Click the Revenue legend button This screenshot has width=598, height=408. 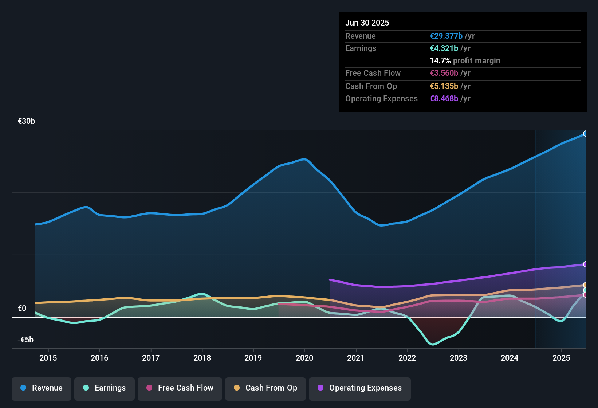[42, 388]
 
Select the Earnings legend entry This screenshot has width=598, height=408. [105, 388]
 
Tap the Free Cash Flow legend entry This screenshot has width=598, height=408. [180, 388]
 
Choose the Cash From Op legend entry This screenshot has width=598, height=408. [265, 388]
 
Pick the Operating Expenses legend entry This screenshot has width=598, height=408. [360, 388]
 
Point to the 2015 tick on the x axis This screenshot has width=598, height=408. [48, 358]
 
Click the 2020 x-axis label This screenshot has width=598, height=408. [304, 358]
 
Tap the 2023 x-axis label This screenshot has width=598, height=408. [459, 358]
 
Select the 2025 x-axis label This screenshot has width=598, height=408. [561, 358]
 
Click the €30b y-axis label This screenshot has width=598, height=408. [26, 121]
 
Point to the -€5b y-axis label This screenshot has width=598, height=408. [25, 340]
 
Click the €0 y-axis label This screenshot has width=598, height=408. [22, 309]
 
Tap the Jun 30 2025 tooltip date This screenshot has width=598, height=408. [367, 23]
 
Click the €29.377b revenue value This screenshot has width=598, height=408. [446, 36]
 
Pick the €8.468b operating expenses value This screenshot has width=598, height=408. [444, 99]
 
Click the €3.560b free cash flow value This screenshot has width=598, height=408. [444, 73]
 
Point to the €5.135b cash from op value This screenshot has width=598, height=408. [444, 86]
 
